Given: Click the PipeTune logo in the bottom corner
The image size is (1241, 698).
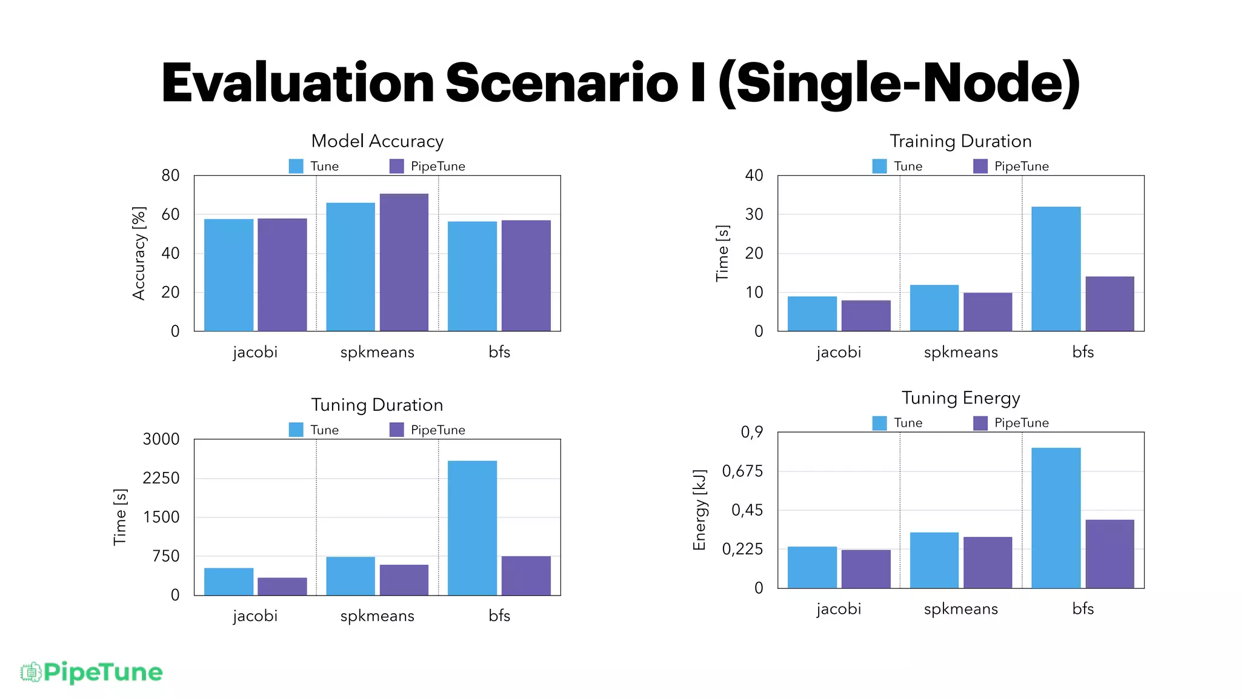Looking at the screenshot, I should (91, 672).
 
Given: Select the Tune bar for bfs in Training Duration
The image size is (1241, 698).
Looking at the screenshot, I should (1056, 269).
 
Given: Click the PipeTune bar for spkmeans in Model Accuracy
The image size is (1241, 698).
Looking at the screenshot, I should (404, 262).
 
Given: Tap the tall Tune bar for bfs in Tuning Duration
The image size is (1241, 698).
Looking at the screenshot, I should (472, 528).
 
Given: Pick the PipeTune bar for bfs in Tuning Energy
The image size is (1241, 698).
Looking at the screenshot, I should (1109, 554).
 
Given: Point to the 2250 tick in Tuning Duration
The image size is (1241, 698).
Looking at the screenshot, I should (161, 478).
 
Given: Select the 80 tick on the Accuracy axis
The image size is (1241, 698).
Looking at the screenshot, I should (170, 176).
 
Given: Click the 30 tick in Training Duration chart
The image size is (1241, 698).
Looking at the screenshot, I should (754, 214).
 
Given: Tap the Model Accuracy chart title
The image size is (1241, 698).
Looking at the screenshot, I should (377, 141).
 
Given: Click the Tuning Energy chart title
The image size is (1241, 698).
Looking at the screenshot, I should (960, 398).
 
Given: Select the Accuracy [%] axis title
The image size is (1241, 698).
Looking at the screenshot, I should (139, 253).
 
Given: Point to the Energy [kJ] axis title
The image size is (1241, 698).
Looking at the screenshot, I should (699, 510).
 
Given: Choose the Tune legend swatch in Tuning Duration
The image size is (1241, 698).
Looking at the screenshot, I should (296, 430).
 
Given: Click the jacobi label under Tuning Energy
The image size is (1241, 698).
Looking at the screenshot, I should (838, 608).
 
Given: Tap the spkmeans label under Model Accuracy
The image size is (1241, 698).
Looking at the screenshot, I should (377, 352).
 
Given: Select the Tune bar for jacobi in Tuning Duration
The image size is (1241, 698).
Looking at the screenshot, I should (228, 581).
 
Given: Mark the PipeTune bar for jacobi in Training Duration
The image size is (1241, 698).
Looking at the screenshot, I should (865, 315).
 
